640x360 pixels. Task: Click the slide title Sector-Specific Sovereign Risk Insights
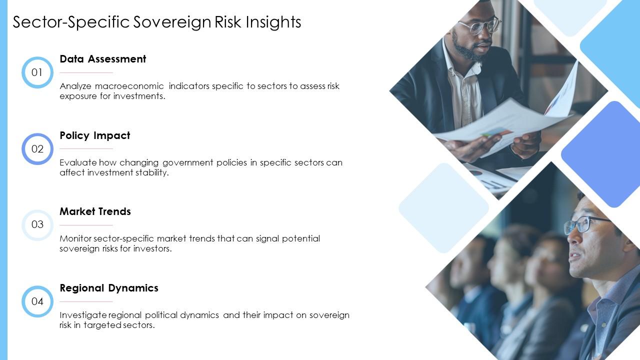[156, 22]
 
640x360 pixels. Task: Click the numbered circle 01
[37, 72]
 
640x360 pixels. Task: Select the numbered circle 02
[37, 149]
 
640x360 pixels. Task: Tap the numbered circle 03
[37, 224]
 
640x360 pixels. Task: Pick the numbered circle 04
[37, 301]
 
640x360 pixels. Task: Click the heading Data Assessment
[102, 59]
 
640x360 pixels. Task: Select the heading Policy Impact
[94, 135]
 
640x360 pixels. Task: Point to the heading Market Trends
[95, 211]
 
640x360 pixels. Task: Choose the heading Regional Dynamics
[108, 288]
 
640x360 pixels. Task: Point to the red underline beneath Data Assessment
[86, 72]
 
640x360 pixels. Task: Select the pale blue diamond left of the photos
[443, 207]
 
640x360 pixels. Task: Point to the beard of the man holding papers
[467, 50]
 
